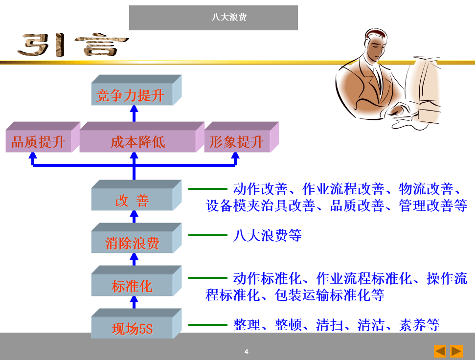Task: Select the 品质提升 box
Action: [38, 142]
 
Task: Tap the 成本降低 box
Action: [137, 142]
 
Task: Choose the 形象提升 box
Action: [237, 142]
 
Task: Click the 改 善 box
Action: [132, 201]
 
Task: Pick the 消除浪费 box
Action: [132, 243]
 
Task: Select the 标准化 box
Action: [132, 286]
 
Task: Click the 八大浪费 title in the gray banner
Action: [229, 18]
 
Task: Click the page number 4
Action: [246, 352]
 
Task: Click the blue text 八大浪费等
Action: [267, 236]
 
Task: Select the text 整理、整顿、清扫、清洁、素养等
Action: [337, 325]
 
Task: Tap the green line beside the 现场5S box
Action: [208, 325]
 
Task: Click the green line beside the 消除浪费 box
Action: [208, 235]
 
